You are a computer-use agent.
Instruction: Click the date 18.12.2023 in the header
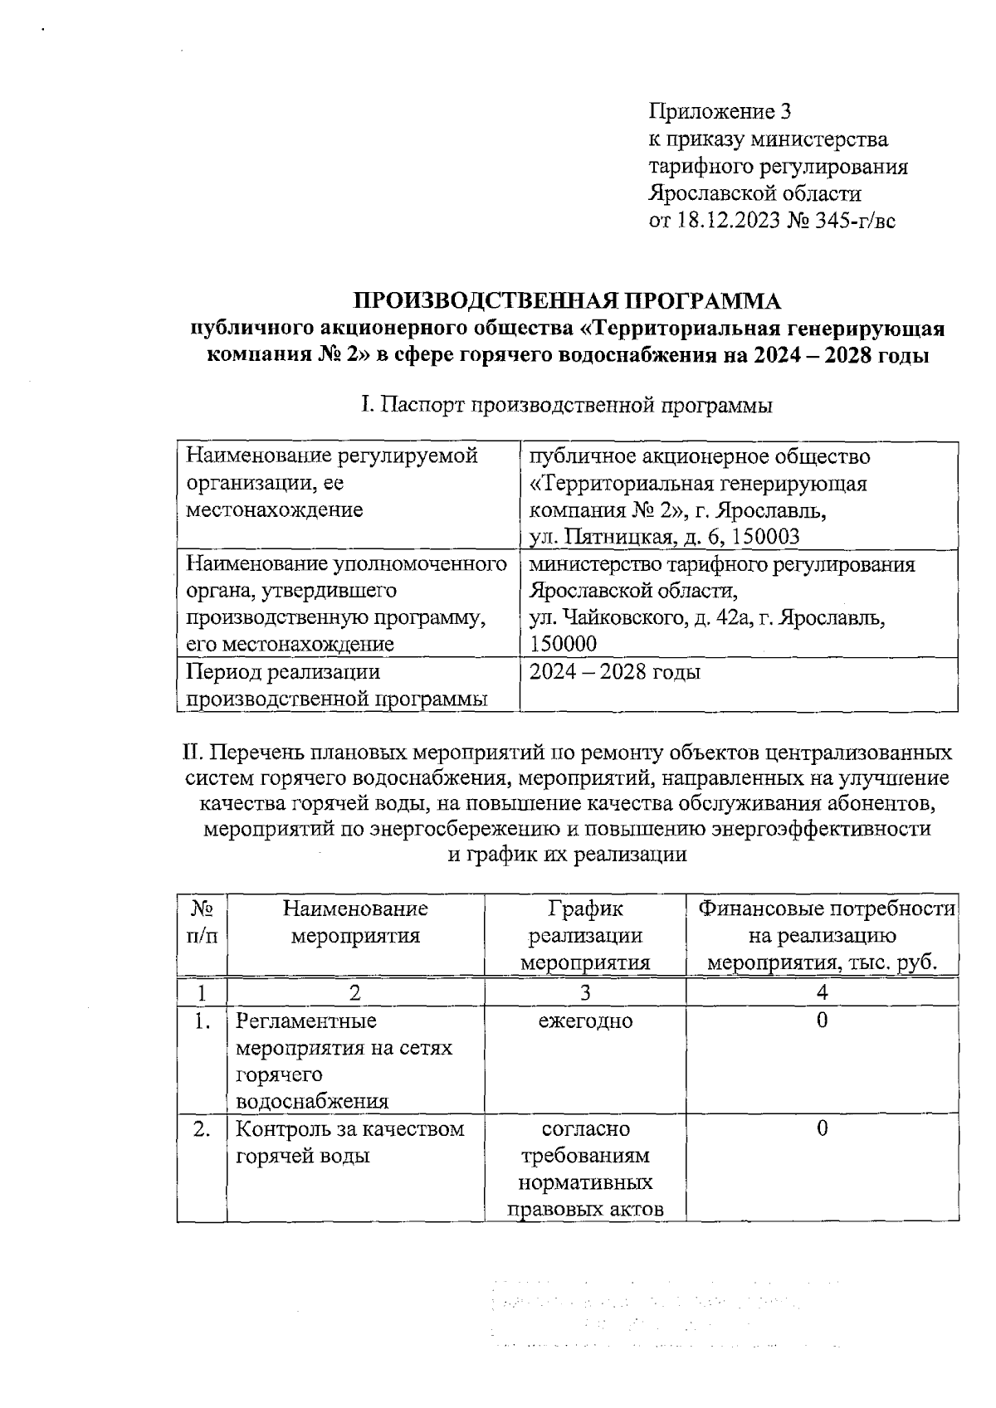point(728,222)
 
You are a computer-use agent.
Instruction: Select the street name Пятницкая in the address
point(616,537)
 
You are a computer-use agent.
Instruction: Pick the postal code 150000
point(564,645)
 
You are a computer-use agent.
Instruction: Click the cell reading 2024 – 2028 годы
point(615,672)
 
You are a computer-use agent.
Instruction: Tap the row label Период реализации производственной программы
point(336,685)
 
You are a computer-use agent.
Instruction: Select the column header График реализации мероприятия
point(585,935)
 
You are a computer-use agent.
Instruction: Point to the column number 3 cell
point(585,992)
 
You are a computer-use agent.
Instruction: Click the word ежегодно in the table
point(585,1021)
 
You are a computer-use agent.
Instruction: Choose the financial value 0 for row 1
point(822,1021)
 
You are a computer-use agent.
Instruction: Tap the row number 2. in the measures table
point(202,1129)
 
